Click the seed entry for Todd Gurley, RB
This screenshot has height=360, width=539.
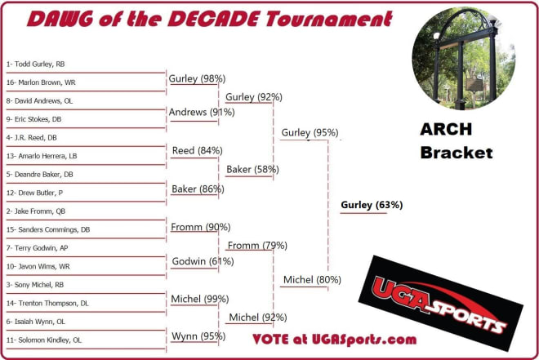click(x=35, y=64)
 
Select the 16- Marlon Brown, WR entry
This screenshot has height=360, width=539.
click(x=41, y=82)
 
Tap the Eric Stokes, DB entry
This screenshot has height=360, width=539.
click(x=33, y=119)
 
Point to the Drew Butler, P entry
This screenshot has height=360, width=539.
click(x=34, y=193)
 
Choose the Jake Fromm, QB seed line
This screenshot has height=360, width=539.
click(x=36, y=211)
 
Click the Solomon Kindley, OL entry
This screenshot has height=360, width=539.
click(x=44, y=340)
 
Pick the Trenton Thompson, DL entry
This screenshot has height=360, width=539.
click(x=47, y=304)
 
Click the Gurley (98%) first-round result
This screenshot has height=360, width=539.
click(x=197, y=78)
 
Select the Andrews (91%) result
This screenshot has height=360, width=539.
click(x=202, y=112)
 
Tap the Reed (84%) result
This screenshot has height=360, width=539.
click(x=198, y=150)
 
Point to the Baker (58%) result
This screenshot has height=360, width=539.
click(x=252, y=169)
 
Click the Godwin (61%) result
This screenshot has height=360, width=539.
click(x=203, y=261)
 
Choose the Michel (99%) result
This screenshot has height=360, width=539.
click(x=200, y=299)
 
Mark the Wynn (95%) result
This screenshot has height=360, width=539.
click(x=198, y=336)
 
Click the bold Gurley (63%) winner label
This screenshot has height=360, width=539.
click(x=372, y=205)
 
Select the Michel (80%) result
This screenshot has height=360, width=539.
click(x=312, y=280)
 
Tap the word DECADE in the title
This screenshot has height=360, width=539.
click(x=213, y=19)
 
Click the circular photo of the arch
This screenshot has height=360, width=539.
click(x=463, y=59)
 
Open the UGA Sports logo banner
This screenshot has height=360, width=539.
click(x=441, y=304)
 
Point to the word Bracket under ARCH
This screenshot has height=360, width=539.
click(x=457, y=153)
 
